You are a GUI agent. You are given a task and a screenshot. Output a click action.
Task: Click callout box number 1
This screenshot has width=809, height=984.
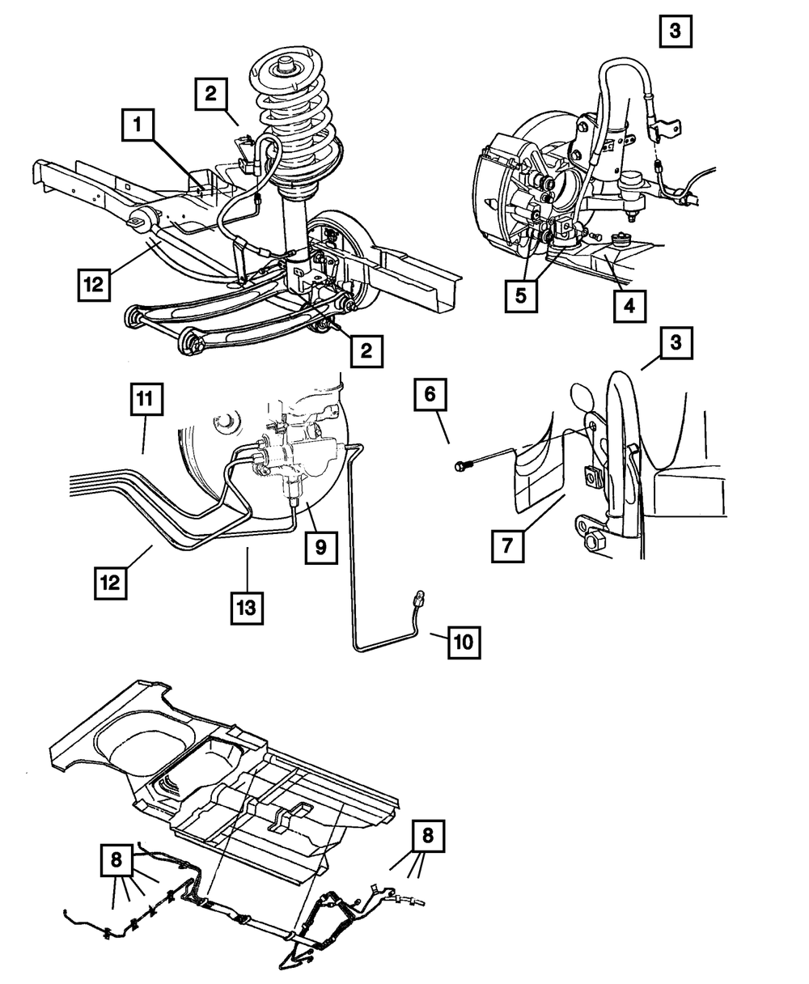[x=138, y=125]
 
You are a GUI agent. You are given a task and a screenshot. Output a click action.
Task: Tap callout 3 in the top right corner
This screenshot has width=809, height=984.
[x=676, y=33]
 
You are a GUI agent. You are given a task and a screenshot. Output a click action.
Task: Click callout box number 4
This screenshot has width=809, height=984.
[x=629, y=306]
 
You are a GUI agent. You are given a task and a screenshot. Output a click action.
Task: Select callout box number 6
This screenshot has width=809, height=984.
[x=430, y=395]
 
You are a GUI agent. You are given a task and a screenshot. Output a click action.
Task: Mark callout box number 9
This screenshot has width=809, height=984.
[x=321, y=548]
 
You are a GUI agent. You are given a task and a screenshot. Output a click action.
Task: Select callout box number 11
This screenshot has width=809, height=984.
[x=145, y=399]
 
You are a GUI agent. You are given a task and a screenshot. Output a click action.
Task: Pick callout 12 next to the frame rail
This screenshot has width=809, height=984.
[x=95, y=286]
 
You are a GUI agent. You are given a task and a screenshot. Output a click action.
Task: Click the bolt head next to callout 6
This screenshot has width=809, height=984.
[x=460, y=465]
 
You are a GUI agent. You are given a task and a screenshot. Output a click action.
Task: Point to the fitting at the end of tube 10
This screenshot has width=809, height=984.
[x=420, y=600]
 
